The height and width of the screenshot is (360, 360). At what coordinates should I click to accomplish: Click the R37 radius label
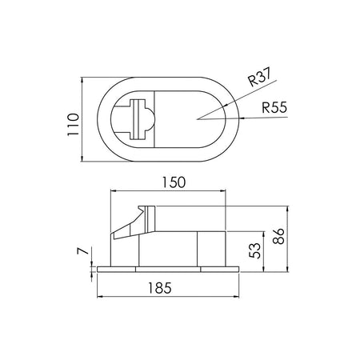[x=259, y=77]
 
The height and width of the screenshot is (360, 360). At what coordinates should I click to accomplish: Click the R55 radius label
[x=274, y=107]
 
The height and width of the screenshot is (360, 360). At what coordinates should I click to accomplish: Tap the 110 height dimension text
[x=74, y=125]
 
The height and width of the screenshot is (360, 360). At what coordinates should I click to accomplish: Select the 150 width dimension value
[x=174, y=182]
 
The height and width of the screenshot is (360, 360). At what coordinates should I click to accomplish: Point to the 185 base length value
[x=160, y=288]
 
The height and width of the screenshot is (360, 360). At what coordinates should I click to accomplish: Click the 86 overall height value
[x=279, y=236]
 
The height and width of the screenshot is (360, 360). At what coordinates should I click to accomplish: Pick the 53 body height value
[x=255, y=250]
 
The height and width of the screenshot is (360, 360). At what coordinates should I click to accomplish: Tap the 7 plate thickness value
[x=82, y=251]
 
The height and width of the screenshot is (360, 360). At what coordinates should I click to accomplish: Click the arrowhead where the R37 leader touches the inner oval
[x=225, y=105]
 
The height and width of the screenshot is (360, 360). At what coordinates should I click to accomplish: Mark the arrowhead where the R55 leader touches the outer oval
[x=242, y=118]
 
